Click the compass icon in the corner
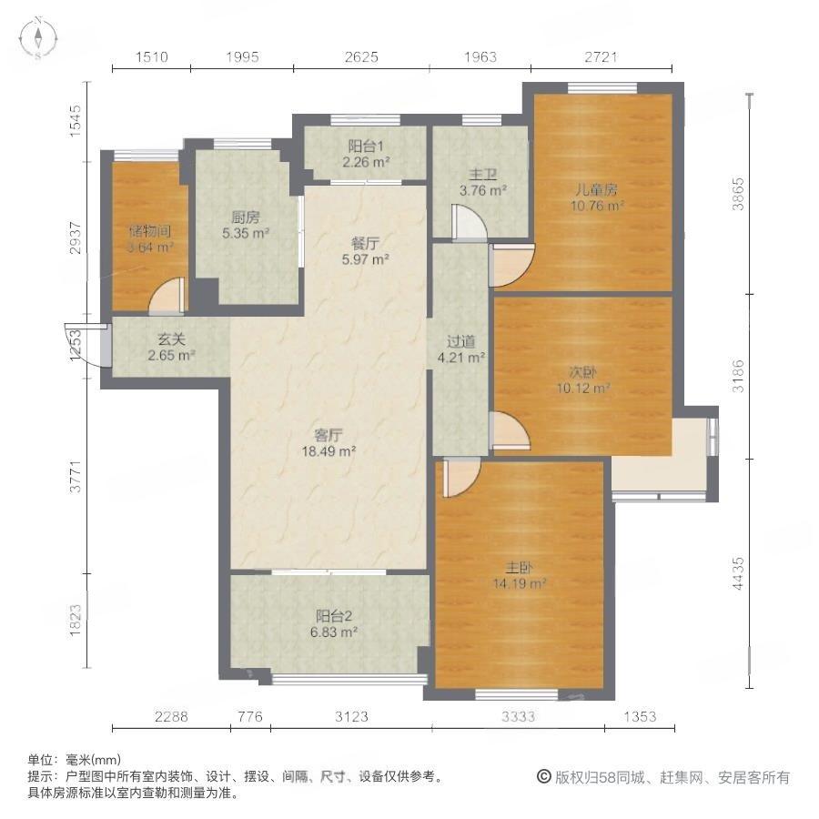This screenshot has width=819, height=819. point(38,38)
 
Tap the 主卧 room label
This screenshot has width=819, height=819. point(519,567)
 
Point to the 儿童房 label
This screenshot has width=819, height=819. point(597,189)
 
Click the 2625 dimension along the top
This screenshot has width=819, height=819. point(361,56)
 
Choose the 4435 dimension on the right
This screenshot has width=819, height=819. point(737,573)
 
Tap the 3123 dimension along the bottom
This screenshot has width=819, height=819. point(351,716)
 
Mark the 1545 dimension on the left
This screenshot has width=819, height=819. point(76,121)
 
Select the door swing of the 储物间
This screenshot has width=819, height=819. point(167,296)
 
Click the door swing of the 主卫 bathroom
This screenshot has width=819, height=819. point(469,223)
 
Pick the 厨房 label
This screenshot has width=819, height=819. point(246,217)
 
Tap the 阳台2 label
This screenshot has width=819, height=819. point(334,616)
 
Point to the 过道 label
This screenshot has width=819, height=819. point(461,341)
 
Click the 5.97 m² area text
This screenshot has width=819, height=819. point(366,258)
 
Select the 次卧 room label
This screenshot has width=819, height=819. point(583,372)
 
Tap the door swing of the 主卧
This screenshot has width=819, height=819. point(460,477)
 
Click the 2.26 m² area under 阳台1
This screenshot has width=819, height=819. point(366,162)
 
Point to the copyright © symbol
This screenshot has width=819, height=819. point(544,777)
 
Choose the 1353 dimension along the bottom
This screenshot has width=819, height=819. point(640,716)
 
